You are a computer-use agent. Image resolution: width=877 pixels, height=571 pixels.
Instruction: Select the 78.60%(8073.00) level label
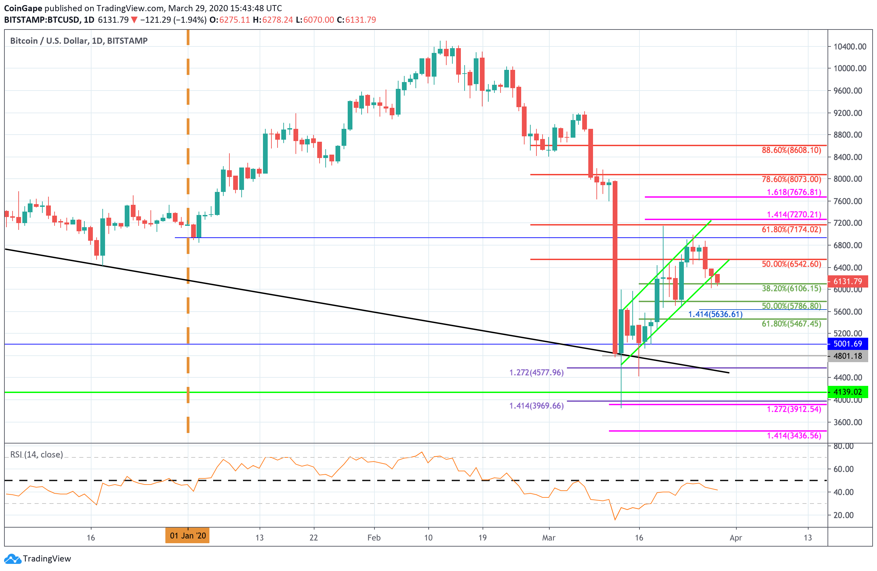(791, 179)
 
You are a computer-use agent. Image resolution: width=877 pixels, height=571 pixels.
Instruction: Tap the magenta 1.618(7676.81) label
(794, 192)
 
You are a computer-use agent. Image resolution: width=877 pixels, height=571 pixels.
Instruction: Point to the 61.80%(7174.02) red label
(791, 230)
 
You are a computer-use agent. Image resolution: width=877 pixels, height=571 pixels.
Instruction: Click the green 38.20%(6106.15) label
(791, 289)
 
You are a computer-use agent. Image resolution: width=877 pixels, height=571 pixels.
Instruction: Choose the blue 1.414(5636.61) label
(715, 314)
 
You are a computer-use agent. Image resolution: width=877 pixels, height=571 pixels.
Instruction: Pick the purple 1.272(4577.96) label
(536, 373)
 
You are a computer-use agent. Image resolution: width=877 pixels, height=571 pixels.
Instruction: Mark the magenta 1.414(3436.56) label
(794, 436)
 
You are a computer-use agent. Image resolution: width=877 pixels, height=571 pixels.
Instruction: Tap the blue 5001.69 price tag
(848, 344)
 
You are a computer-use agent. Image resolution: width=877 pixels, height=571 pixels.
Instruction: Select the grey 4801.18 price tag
(848, 356)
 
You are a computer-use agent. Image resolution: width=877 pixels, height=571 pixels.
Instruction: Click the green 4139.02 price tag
(848, 392)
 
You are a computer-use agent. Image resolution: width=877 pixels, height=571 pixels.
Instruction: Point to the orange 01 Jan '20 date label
(187, 536)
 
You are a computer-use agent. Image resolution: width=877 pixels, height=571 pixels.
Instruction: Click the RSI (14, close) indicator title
(37, 454)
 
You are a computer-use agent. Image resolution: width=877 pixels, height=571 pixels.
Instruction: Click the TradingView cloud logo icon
(13, 559)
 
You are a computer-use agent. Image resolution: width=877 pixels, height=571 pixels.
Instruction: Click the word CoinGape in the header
(23, 8)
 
